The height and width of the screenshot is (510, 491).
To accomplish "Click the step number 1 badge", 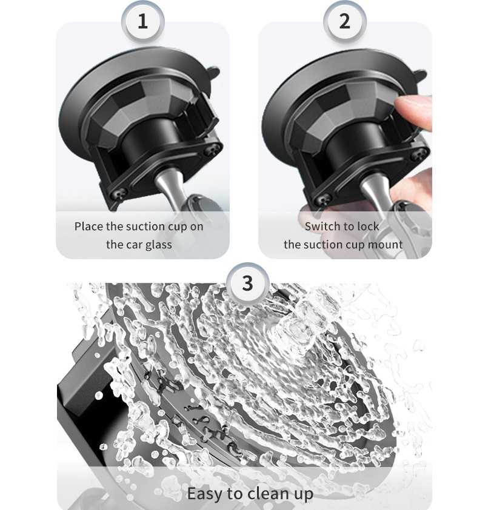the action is tap(142, 21).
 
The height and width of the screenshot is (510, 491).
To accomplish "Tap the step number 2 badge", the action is tap(345, 21).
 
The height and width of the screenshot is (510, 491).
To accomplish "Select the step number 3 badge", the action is tap(248, 283).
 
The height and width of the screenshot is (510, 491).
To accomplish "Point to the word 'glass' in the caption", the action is tap(159, 245).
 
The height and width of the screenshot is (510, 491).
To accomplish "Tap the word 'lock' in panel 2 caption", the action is tap(369, 227).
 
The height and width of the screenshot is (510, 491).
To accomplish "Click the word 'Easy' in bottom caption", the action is tap(205, 494).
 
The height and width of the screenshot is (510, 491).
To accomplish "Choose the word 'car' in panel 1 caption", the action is tap(133, 245).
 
